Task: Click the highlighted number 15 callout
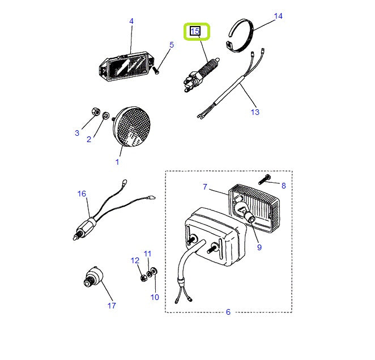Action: coord(195,31)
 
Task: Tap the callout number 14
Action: coord(278,16)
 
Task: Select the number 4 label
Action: coord(131,22)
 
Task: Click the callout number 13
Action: coord(255,112)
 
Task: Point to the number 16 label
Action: coord(82,194)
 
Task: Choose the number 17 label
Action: coord(111,306)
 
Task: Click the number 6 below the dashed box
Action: coord(228,312)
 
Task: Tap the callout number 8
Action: coord(284,185)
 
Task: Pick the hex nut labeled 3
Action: coord(96,110)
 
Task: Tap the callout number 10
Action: coord(155,297)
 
